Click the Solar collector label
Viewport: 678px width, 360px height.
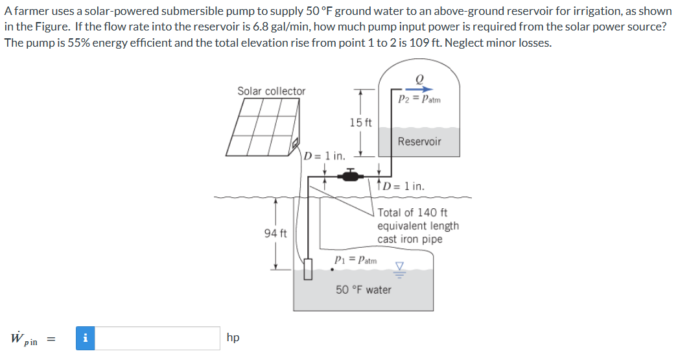point(271,91)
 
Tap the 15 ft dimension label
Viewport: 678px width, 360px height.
point(360,123)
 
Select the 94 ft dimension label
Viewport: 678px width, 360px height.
point(275,233)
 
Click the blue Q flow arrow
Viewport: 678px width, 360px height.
point(420,88)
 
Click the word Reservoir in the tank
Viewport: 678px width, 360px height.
point(419,141)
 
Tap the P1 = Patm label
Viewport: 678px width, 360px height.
point(356,260)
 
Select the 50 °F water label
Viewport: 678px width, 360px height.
point(363,290)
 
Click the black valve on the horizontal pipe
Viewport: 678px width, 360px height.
point(350,176)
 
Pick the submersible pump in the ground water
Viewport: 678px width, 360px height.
point(309,267)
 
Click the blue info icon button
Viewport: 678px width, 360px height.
point(84,338)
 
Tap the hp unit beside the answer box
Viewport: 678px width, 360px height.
point(233,338)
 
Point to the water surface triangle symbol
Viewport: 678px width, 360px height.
point(400,267)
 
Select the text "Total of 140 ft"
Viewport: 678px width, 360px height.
point(412,213)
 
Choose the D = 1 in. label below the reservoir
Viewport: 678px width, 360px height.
point(404,186)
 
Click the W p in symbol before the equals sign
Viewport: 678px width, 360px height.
point(24,339)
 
